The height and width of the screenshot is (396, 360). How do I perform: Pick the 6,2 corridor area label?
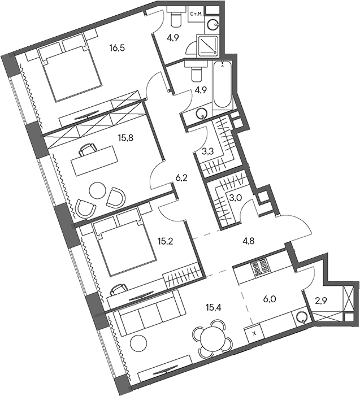click(x=181, y=177)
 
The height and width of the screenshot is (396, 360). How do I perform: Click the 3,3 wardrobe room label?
click(x=208, y=151)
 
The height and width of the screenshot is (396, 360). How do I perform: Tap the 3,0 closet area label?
click(x=234, y=198)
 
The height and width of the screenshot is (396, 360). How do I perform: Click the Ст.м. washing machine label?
click(x=196, y=12)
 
